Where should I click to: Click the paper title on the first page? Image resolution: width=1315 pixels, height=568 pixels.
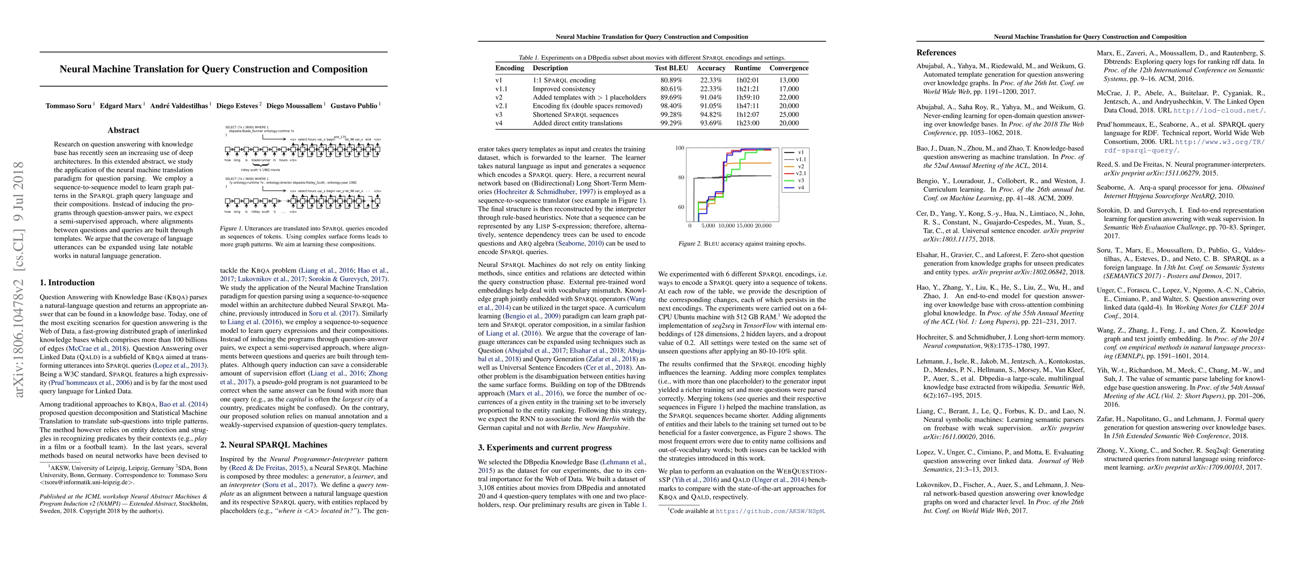tap(213, 70)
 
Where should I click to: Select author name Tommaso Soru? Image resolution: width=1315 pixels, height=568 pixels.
tap(69, 106)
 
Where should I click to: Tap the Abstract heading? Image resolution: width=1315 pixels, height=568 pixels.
tap(123, 130)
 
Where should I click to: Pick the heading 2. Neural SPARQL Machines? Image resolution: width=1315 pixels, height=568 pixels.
tap(274, 445)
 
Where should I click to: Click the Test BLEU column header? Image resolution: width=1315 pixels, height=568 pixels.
tap(671, 68)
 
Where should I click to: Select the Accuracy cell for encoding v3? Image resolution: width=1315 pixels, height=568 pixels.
tap(711, 115)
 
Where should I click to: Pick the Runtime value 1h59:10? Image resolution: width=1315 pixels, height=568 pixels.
tap(748, 98)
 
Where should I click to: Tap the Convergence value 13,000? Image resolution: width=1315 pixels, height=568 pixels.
tap(789, 80)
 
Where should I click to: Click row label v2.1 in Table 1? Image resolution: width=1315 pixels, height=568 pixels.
tap(501, 106)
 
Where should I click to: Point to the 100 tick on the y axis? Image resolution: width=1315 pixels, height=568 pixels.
tap(679, 148)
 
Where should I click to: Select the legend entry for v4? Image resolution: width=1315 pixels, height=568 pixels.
tap(800, 187)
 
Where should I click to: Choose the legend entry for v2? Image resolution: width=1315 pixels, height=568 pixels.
tap(800, 167)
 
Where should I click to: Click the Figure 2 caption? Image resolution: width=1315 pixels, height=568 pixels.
tap(742, 244)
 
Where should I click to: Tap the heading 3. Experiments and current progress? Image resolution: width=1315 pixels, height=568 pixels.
tap(545, 448)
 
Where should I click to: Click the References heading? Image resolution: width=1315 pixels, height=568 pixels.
tap(936, 53)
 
